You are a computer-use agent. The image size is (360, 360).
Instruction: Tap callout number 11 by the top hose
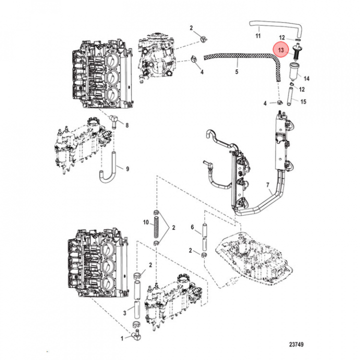point(258,36)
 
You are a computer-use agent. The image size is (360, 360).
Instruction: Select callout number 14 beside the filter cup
point(306,79)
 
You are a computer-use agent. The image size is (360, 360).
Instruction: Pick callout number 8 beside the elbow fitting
point(126,125)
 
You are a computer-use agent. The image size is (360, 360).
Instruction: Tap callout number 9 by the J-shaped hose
point(126,168)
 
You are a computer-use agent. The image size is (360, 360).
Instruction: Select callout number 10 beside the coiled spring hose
point(145,221)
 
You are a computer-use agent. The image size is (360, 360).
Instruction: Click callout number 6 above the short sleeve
point(191,227)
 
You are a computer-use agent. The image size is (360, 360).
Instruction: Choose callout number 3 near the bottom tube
point(123,312)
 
